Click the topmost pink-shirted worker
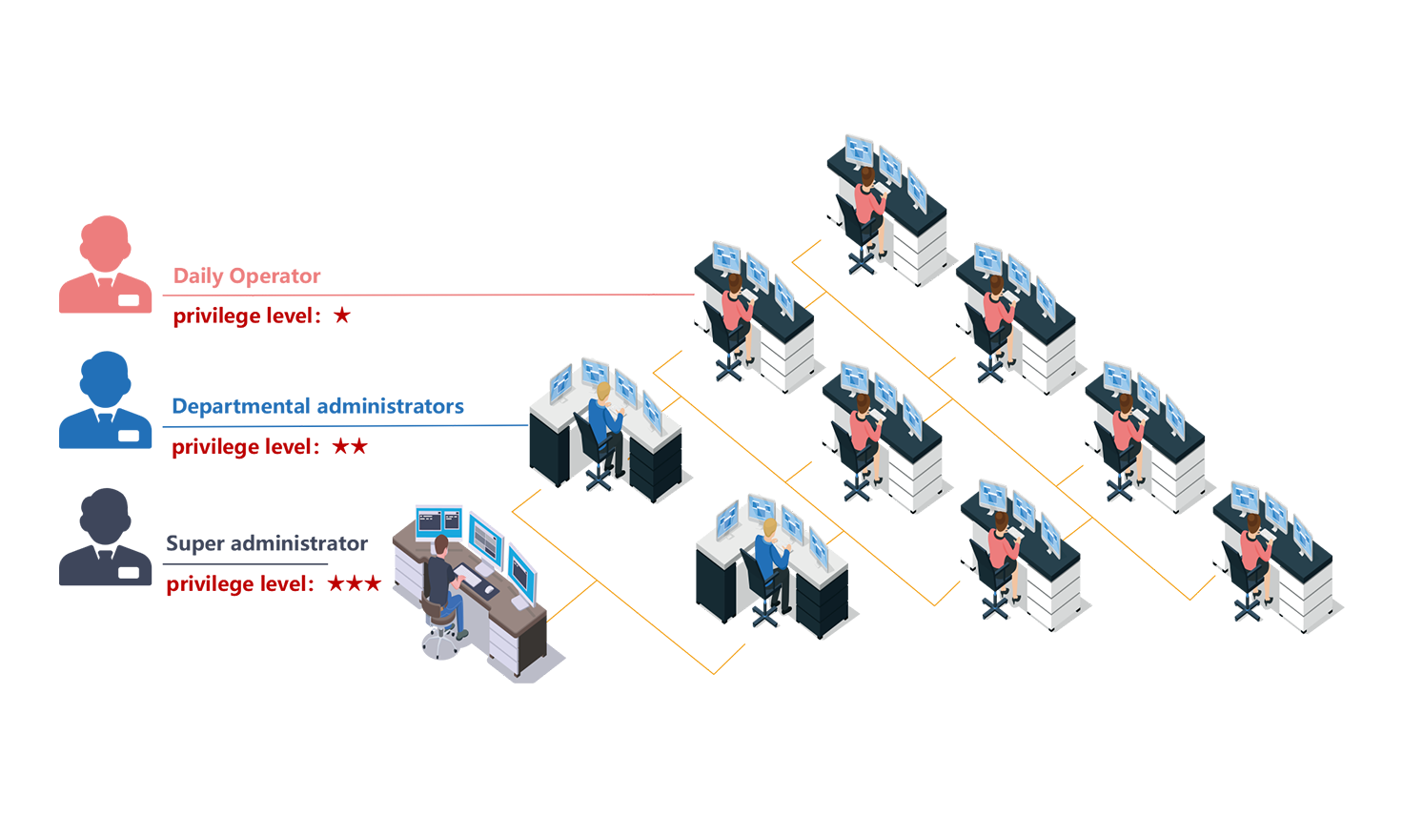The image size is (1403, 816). click(867, 200)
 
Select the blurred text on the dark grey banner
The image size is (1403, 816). click(267, 548)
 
